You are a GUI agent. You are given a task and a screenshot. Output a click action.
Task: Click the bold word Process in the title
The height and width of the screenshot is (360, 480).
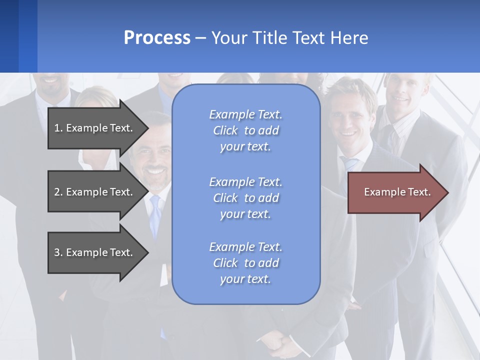click(x=157, y=38)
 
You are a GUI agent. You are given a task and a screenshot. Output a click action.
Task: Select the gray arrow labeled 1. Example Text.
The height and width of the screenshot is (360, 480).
click(x=93, y=128)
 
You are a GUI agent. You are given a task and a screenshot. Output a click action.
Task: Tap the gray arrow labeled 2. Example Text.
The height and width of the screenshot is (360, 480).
click(x=93, y=192)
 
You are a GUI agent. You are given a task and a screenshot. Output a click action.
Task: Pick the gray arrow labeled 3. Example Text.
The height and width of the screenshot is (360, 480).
click(x=93, y=252)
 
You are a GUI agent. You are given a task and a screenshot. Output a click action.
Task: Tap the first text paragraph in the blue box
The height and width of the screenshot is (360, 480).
click(x=246, y=130)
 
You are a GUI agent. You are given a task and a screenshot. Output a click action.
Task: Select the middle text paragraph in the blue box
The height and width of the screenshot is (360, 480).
click(x=246, y=198)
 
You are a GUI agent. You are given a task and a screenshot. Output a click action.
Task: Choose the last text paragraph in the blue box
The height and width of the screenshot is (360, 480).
click(x=246, y=263)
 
